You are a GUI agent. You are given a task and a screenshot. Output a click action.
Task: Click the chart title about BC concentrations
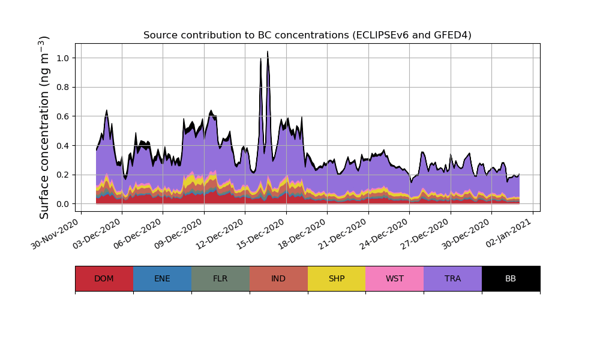pyautogui.click(x=307, y=35)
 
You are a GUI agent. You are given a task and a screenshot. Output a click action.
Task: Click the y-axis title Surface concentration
pyautogui.click(x=44, y=127)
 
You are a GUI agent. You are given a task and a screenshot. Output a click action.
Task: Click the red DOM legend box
pyautogui.click(x=104, y=278)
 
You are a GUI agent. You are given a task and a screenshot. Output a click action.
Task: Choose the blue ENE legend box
pyautogui.click(x=162, y=278)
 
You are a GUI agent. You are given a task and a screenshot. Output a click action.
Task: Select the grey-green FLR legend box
pyautogui.click(x=220, y=278)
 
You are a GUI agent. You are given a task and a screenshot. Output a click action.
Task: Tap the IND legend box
pyautogui.click(x=278, y=278)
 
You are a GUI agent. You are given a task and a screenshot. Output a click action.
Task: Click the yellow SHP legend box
pyautogui.click(x=337, y=278)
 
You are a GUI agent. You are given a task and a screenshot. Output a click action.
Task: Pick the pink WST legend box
pyautogui.click(x=395, y=278)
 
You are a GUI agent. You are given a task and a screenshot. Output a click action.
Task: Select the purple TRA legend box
pyautogui.click(x=453, y=278)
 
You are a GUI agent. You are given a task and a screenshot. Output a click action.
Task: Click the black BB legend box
pyautogui.click(x=511, y=278)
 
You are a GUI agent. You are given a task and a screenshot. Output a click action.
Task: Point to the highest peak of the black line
pyautogui.click(x=267, y=52)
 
